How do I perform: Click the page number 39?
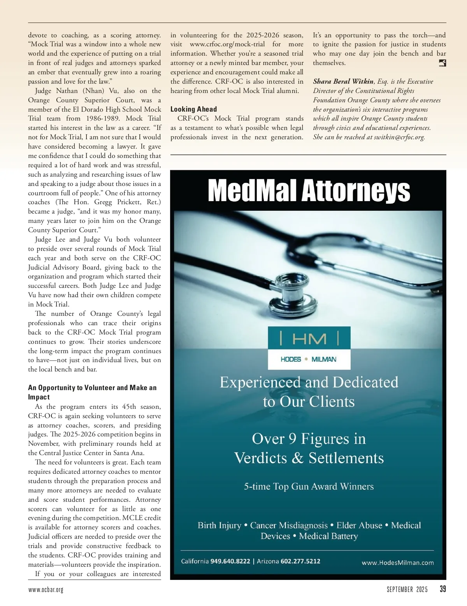[x=443, y=589]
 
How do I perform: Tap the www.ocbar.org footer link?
[x=46, y=590]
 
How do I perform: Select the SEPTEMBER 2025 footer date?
[x=407, y=590]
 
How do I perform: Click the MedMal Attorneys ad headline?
[x=309, y=191]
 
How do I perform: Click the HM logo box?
[x=309, y=338]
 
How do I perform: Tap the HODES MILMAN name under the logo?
[x=309, y=359]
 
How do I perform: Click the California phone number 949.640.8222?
[x=230, y=561]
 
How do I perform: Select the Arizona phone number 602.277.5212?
[x=300, y=561]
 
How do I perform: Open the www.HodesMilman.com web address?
[x=398, y=563]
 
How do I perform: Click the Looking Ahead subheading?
[x=193, y=109]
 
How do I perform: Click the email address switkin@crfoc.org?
[x=399, y=137]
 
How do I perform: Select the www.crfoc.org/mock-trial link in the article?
[x=227, y=44]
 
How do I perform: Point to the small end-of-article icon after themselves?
[x=442, y=63]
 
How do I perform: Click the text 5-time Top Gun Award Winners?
[x=309, y=487]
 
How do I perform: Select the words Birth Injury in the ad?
[x=219, y=525]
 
